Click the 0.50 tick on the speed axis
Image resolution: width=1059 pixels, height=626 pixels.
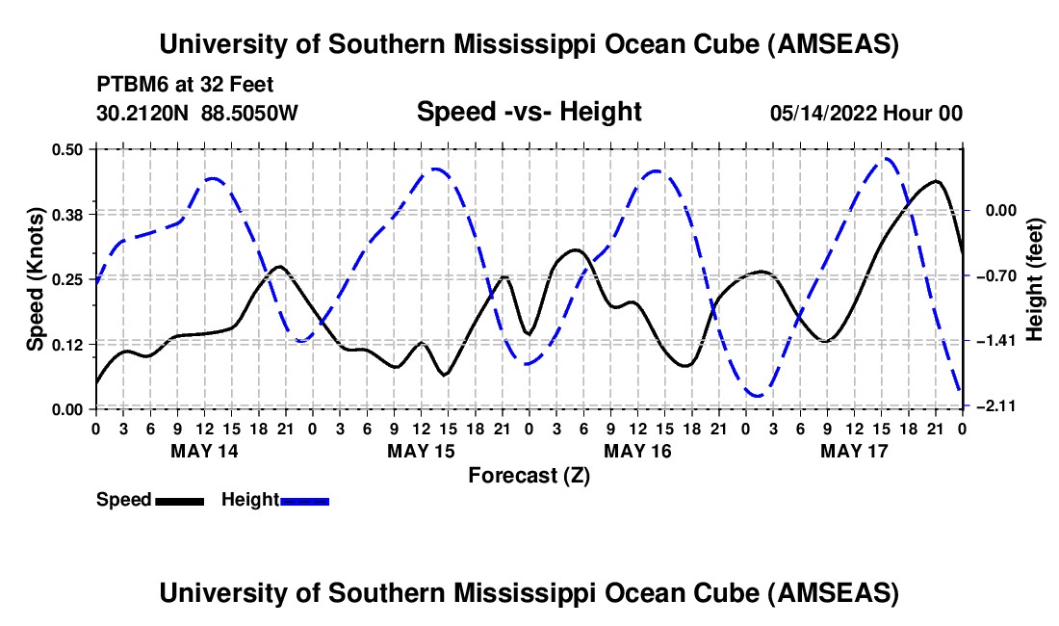tap(70, 148)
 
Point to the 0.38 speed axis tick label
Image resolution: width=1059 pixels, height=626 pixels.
tap(70, 214)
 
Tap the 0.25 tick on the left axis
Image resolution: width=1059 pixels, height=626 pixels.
tap(70, 278)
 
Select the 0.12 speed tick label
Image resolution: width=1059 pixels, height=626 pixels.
tap(70, 344)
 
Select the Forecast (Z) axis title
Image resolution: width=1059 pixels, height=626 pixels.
tap(529, 475)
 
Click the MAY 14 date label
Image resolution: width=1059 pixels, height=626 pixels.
tap(204, 451)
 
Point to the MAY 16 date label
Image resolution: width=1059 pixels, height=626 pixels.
tap(637, 451)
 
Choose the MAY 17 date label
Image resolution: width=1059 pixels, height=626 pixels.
tap(854, 451)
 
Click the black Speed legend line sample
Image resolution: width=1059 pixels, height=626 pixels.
tap(179, 500)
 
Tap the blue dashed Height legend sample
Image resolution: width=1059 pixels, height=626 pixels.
tap(305, 500)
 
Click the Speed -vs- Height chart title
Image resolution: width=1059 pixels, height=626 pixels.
tap(529, 112)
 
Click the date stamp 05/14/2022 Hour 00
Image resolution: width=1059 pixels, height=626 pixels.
tap(866, 113)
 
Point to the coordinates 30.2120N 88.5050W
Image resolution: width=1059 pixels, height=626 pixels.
tap(197, 113)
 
